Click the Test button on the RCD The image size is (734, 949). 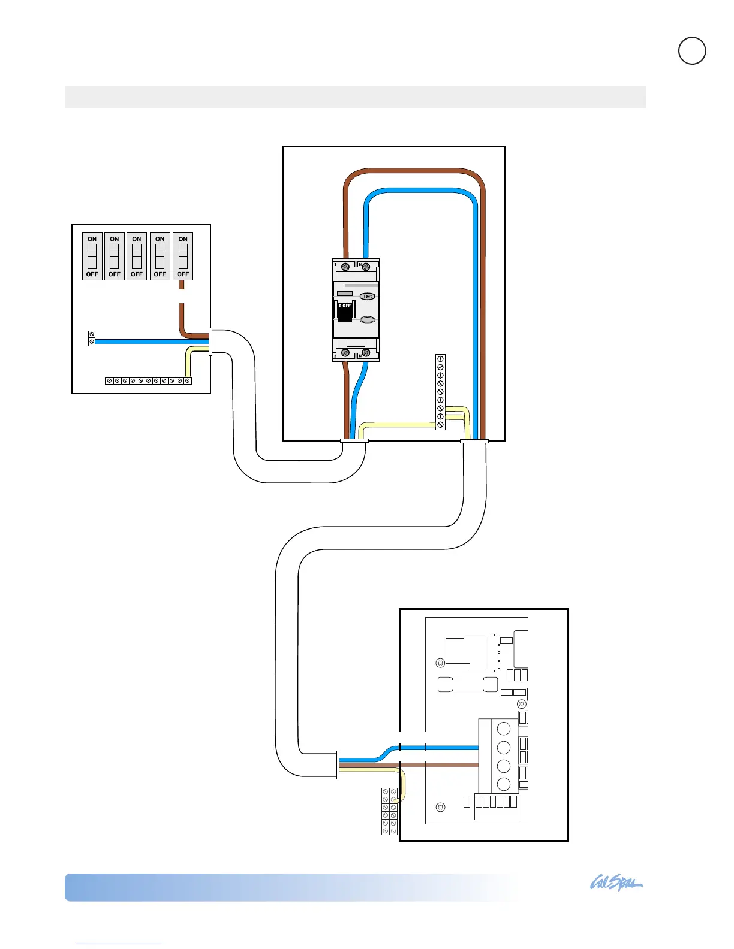[367, 296]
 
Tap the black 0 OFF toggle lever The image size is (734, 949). [344, 310]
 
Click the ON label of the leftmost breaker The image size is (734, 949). [92, 239]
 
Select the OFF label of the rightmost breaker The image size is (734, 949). [183, 274]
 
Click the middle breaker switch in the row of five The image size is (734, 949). [137, 256]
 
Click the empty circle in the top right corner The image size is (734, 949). [692, 51]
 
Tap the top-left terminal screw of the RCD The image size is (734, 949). [345, 267]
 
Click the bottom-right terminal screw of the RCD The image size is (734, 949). [366, 352]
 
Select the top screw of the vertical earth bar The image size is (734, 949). [441, 359]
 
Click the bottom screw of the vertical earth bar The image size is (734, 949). [441, 425]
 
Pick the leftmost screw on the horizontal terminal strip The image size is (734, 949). [109, 381]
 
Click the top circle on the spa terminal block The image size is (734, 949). [504, 729]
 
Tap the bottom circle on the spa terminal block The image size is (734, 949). [504, 784]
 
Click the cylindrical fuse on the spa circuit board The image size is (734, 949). [468, 684]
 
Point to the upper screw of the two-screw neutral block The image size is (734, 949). [92, 334]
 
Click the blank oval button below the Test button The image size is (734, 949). [367, 321]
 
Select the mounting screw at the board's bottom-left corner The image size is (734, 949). [441, 807]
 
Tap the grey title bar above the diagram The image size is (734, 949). [355, 97]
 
